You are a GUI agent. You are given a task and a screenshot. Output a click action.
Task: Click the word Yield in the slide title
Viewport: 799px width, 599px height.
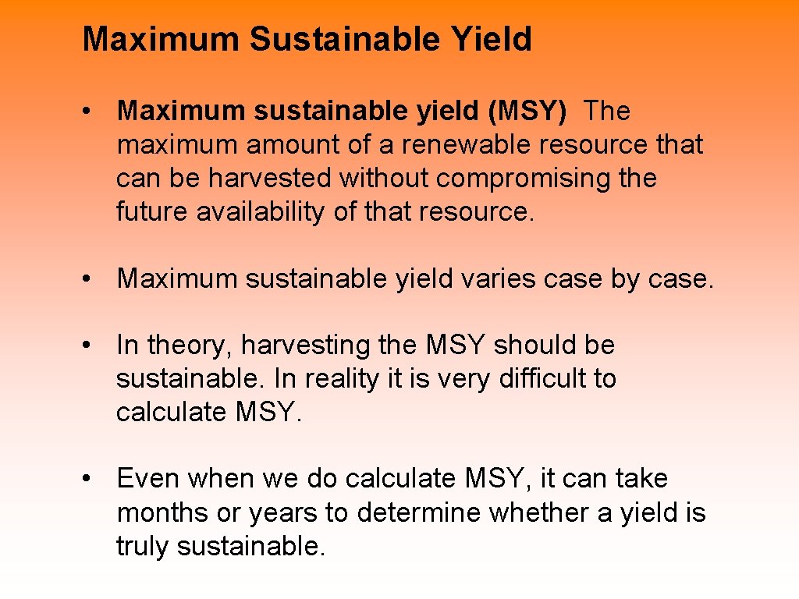click(x=492, y=39)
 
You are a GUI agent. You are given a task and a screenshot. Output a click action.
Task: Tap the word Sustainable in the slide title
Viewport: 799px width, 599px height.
click(x=346, y=39)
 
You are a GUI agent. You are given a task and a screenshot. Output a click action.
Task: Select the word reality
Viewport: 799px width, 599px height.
click(x=338, y=379)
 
